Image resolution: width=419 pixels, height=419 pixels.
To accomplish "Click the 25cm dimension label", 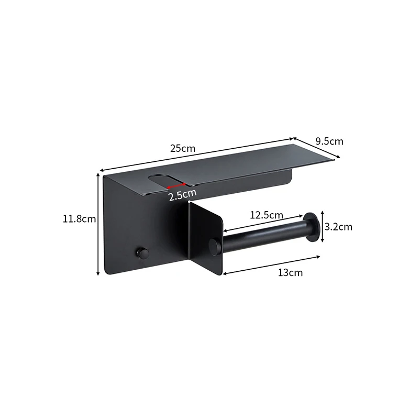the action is click(x=183, y=148).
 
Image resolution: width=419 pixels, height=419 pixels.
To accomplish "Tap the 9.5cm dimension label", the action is click(x=329, y=141).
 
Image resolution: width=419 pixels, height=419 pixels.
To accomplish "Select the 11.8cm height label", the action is click(x=79, y=219).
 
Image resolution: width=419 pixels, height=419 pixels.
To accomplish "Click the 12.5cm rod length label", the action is click(x=267, y=215).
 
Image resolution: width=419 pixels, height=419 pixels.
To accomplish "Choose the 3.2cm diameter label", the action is click(x=338, y=227).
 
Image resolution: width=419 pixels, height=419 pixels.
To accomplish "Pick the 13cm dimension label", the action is click(x=291, y=273).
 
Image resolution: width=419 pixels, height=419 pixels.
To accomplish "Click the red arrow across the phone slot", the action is click(x=177, y=186).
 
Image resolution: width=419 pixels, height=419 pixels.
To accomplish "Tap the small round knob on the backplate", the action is click(x=142, y=253).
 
